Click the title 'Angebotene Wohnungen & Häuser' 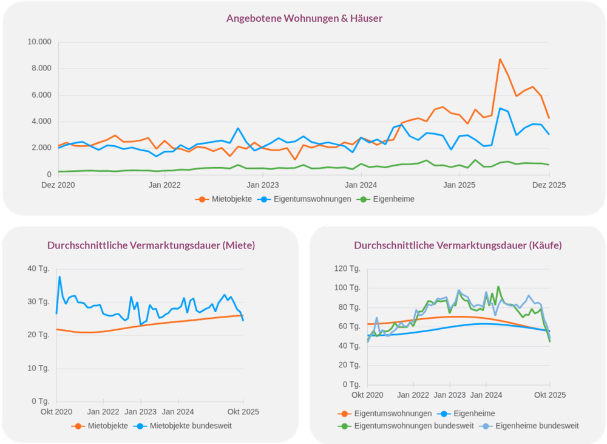(x=304, y=18)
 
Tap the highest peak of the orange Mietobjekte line (x=500, y=60)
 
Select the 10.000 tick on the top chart (x=39, y=42)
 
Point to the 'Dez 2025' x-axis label (x=549, y=185)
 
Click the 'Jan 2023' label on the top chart (x=262, y=185)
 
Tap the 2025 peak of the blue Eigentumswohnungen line (x=500, y=109)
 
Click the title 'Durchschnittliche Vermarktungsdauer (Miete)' (x=151, y=245)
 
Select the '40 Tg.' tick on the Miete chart (x=39, y=268)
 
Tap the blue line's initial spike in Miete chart (x=59, y=277)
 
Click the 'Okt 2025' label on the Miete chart (x=242, y=412)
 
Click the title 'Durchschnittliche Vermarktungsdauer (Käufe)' (x=458, y=245)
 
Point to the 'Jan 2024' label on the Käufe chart (x=486, y=395)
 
